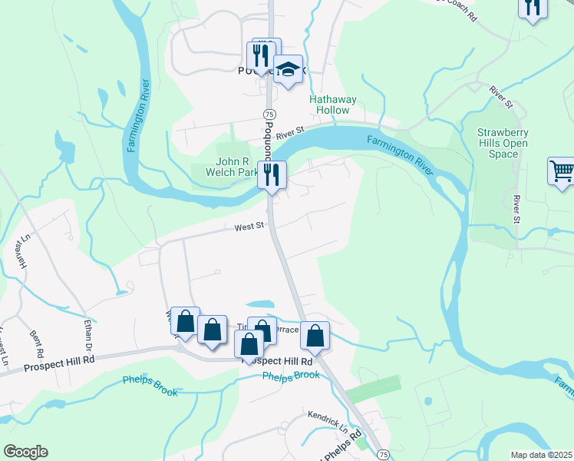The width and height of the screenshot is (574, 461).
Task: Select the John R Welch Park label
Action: tap(237, 167)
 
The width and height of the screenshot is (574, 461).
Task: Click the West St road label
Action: tap(249, 226)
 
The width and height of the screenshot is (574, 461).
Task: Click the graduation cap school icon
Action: tap(288, 71)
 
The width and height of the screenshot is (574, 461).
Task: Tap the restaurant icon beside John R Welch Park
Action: tap(272, 174)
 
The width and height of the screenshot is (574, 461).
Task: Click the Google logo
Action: tap(25, 452)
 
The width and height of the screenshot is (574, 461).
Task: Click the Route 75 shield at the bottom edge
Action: tap(383, 455)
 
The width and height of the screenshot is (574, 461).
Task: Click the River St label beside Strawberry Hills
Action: tap(516, 210)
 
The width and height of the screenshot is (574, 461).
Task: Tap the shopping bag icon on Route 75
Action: tap(315, 335)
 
